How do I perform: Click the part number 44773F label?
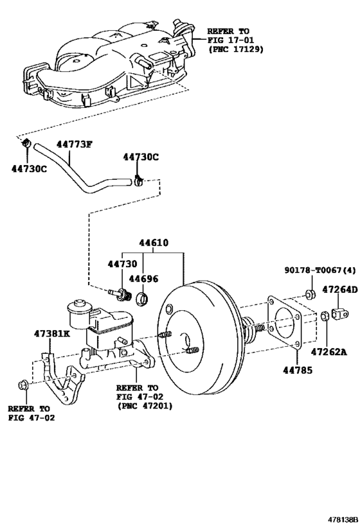74,145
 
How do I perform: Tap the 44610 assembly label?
154,243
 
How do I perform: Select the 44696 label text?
143,279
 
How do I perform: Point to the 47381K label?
52,333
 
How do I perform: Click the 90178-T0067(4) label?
320,270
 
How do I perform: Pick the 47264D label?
340,290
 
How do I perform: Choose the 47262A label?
328,351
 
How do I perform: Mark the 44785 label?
298,370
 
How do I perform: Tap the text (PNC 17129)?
236,49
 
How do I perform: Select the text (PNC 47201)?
145,406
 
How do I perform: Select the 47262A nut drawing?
325,316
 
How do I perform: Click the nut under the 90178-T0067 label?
310,294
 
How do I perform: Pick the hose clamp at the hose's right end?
138,180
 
